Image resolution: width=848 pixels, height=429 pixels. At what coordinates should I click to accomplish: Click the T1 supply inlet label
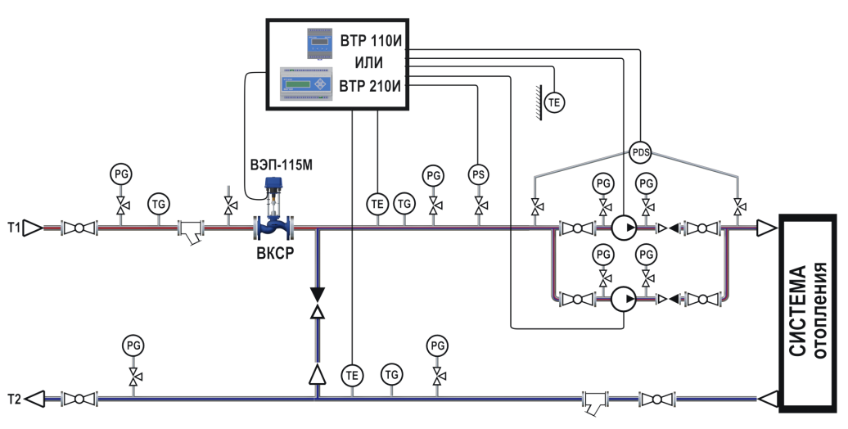pyautogui.click(x=13, y=227)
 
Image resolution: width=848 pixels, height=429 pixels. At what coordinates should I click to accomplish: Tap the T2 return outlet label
pyautogui.click(x=13, y=400)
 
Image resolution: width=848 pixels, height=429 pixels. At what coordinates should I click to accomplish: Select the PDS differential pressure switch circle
pyautogui.click(x=640, y=151)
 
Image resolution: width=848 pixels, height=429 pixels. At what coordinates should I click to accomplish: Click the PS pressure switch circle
pyautogui.click(x=478, y=174)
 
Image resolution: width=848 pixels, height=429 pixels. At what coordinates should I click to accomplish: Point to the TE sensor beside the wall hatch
pyautogui.click(x=556, y=102)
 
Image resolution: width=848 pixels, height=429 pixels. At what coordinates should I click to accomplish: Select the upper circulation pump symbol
pyautogui.click(x=624, y=227)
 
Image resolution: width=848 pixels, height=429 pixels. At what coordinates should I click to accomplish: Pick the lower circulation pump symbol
pyautogui.click(x=624, y=299)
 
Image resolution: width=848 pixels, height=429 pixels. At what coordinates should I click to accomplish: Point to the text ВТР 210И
pyautogui.click(x=373, y=85)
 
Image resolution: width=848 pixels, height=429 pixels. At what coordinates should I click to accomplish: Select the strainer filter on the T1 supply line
pyautogui.click(x=191, y=232)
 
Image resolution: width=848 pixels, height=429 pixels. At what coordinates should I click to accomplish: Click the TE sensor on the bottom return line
pyautogui.click(x=352, y=376)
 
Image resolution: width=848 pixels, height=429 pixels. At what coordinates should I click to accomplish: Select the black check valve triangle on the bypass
pyautogui.click(x=318, y=293)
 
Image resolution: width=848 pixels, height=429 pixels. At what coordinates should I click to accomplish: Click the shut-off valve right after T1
pyautogui.click(x=79, y=228)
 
